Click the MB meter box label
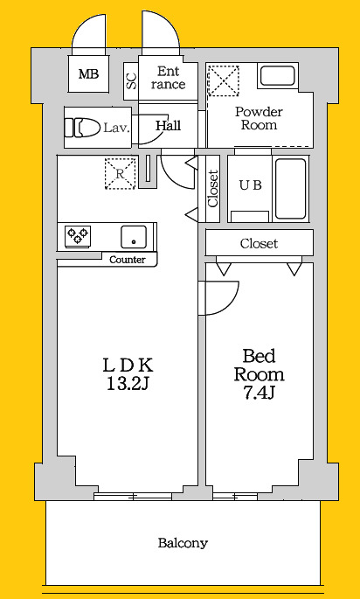click(x=88, y=73)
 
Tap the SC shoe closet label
click(x=131, y=81)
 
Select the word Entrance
click(x=168, y=78)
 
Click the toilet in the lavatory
click(x=80, y=128)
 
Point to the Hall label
click(x=169, y=126)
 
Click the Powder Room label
click(x=259, y=118)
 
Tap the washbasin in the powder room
click(x=278, y=75)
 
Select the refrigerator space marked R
click(x=121, y=174)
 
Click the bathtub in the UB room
click(x=290, y=189)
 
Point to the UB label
click(x=251, y=185)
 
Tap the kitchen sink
click(x=134, y=237)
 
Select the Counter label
click(x=128, y=261)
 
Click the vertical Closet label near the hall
click(x=213, y=188)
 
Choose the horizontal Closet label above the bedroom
click(x=260, y=243)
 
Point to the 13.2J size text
click(x=127, y=385)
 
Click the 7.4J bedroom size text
click(x=260, y=393)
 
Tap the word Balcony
click(x=183, y=543)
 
